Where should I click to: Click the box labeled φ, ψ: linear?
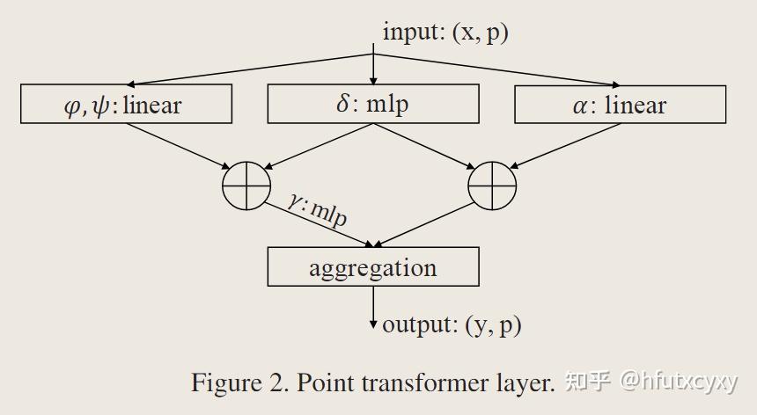point(126,105)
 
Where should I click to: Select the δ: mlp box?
point(372,104)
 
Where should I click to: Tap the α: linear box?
point(620,105)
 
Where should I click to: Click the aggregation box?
point(372,266)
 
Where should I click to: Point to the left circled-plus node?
point(246,186)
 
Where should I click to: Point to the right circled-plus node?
point(492,186)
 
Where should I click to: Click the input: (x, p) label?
point(445,33)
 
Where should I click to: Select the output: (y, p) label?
point(452,324)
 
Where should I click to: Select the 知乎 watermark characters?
point(587,382)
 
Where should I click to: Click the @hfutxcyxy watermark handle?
point(679,382)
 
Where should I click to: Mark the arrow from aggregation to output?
point(373,306)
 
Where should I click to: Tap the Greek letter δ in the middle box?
point(343,104)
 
